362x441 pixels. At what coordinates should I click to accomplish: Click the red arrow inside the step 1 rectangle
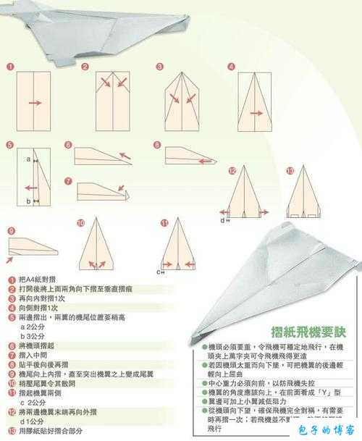[34, 103]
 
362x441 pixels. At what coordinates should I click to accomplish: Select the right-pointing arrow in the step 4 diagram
[255, 113]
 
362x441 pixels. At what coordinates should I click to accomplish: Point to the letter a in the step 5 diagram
[28, 158]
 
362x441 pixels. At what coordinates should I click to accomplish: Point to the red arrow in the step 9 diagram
[14, 253]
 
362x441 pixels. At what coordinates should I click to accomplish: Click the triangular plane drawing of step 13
[305, 196]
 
